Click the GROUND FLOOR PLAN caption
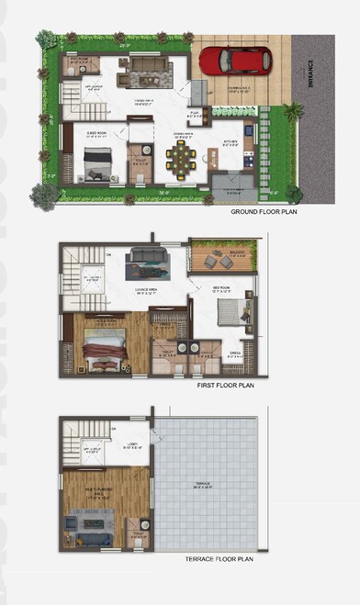tap(264, 213)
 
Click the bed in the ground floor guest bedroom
tap(97, 162)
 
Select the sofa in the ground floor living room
tap(145, 66)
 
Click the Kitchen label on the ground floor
tap(231, 142)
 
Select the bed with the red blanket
tap(105, 349)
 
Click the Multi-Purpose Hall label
tap(96, 494)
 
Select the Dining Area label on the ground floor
tap(184, 132)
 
